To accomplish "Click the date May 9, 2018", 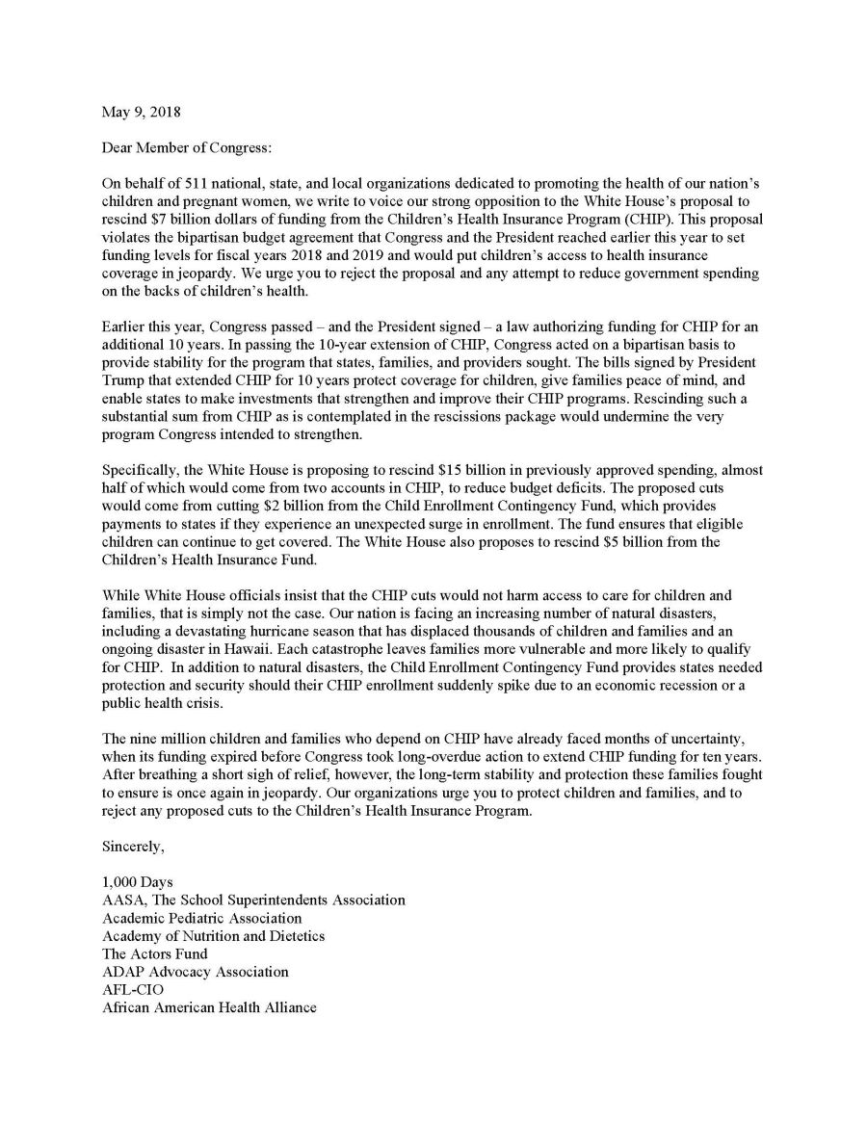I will pos(141,112).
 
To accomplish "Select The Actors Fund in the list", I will pos(154,954).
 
